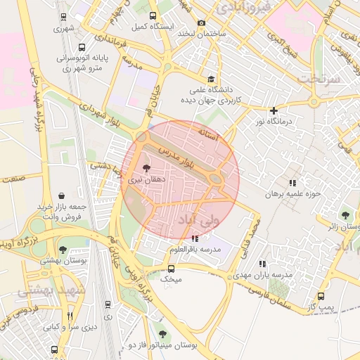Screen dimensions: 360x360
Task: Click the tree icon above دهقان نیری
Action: coord(146,168)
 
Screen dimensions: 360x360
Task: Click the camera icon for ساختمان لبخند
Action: coord(202,22)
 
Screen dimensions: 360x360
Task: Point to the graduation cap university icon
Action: coord(211,79)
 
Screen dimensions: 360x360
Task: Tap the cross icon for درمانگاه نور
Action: coord(274,110)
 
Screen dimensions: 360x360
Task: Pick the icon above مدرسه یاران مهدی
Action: coord(263,264)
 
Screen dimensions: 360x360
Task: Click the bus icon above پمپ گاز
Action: coord(321,297)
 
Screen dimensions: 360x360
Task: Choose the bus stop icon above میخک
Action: coord(171,268)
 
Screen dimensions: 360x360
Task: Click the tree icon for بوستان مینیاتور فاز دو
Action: coord(163,335)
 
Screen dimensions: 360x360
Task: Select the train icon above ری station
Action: coord(108,304)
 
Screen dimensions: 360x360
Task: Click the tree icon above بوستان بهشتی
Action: coord(63,249)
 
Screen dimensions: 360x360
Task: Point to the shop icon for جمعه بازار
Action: coord(63,196)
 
